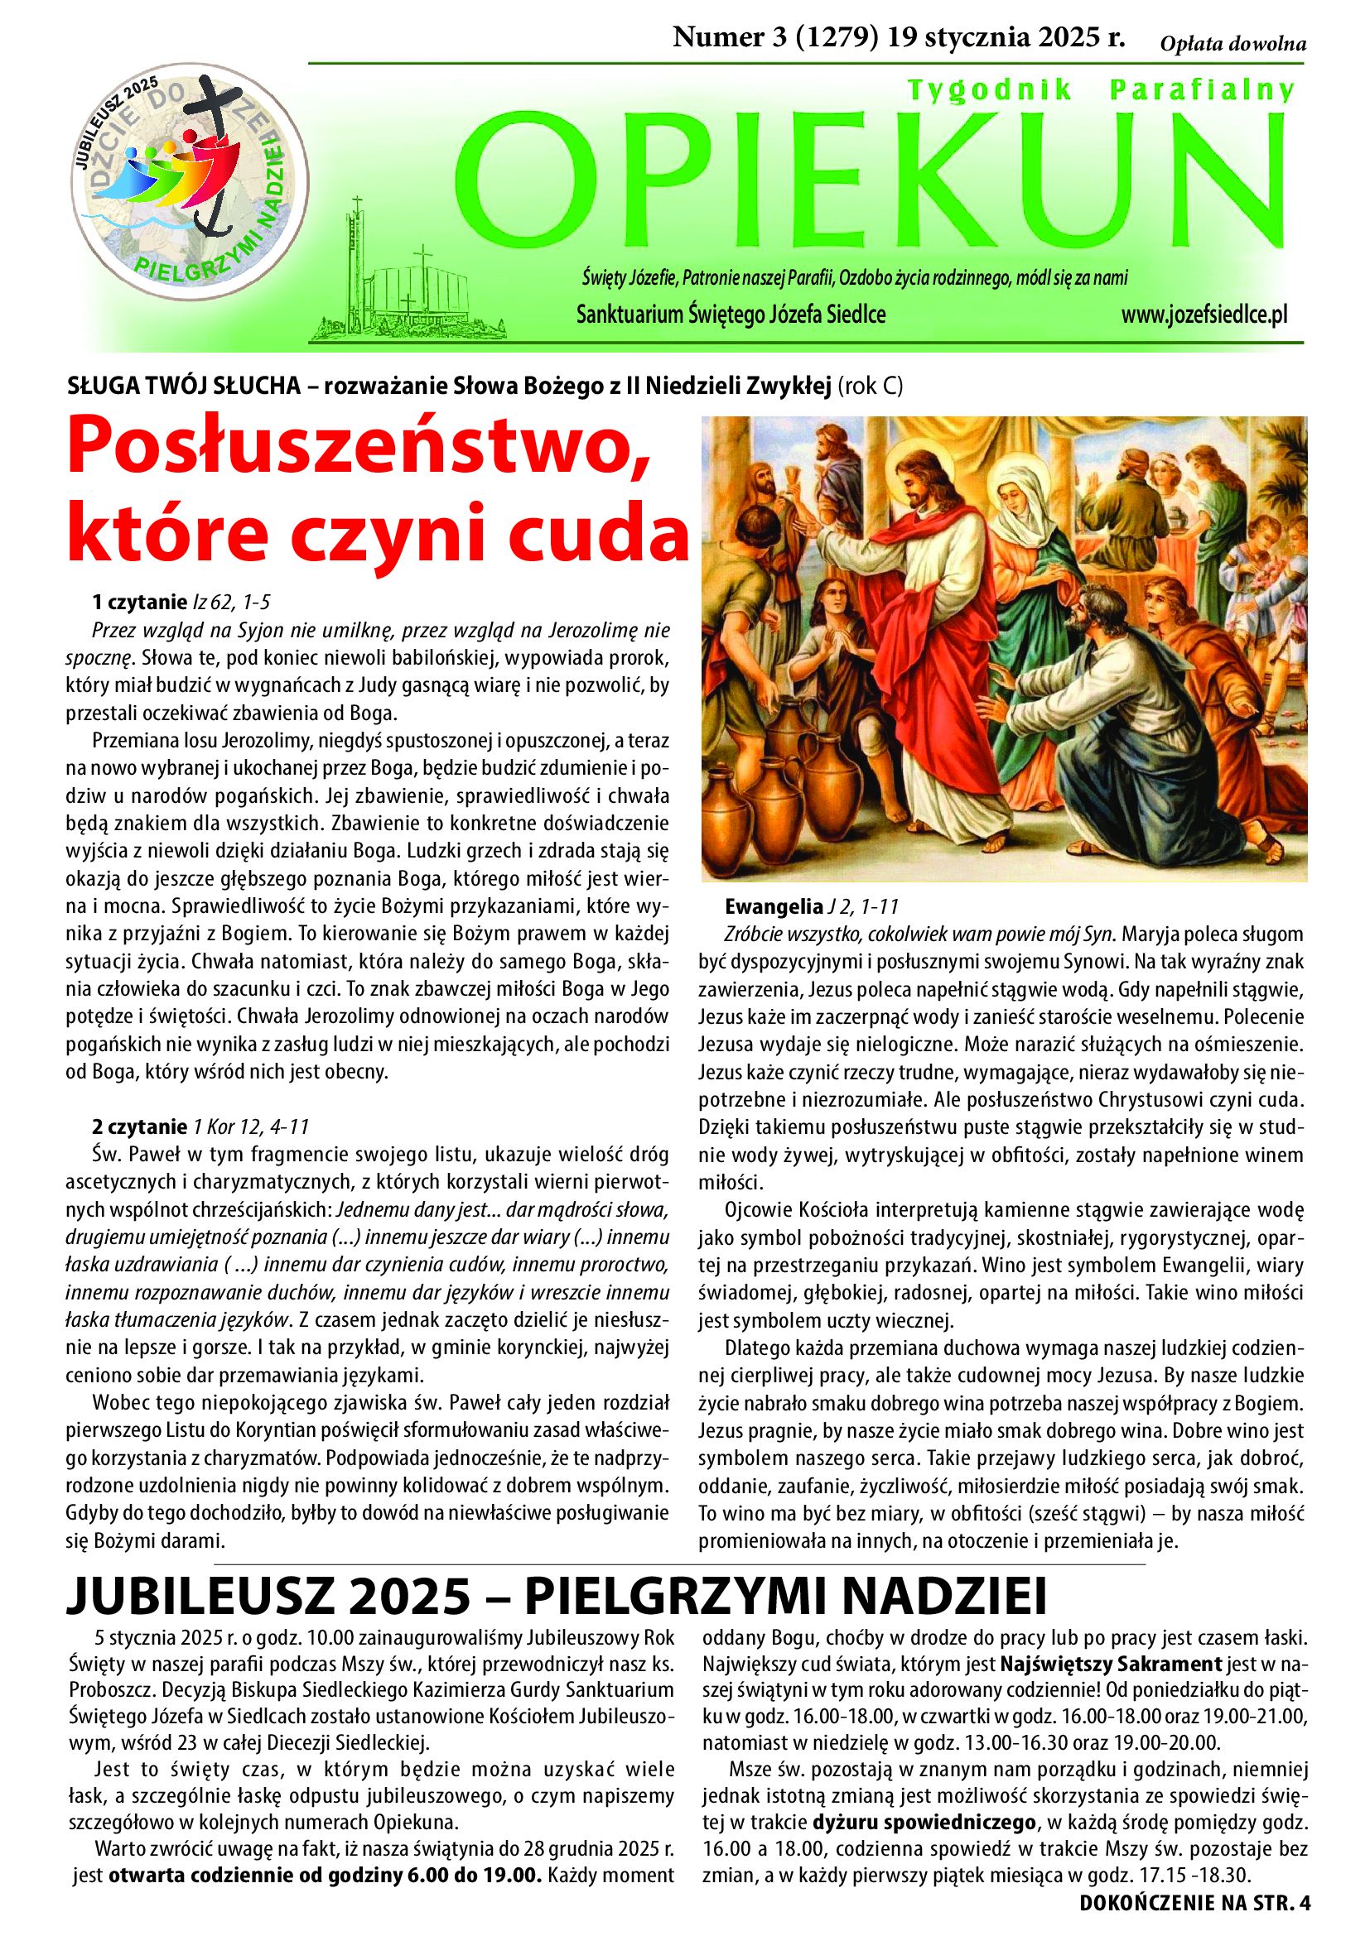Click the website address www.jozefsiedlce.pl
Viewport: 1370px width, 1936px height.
tap(1204, 315)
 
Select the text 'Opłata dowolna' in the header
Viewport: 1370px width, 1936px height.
tap(1233, 45)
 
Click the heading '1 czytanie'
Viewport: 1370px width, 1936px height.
tap(138, 601)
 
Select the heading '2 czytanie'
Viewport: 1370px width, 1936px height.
tap(139, 1127)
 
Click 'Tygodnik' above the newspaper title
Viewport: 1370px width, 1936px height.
tap(990, 89)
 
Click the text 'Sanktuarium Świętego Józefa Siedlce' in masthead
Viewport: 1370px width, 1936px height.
tap(731, 315)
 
